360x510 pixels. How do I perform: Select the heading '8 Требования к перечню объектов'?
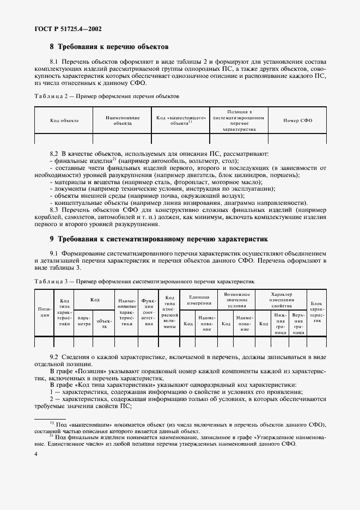(x=109, y=47)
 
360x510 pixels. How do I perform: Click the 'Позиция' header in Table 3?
(x=44, y=312)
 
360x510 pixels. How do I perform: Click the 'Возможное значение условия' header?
(x=237, y=300)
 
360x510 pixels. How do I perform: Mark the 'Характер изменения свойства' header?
(x=281, y=300)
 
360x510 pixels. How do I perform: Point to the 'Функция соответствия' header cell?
(x=148, y=312)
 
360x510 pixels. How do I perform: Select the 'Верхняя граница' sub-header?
(x=298, y=323)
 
